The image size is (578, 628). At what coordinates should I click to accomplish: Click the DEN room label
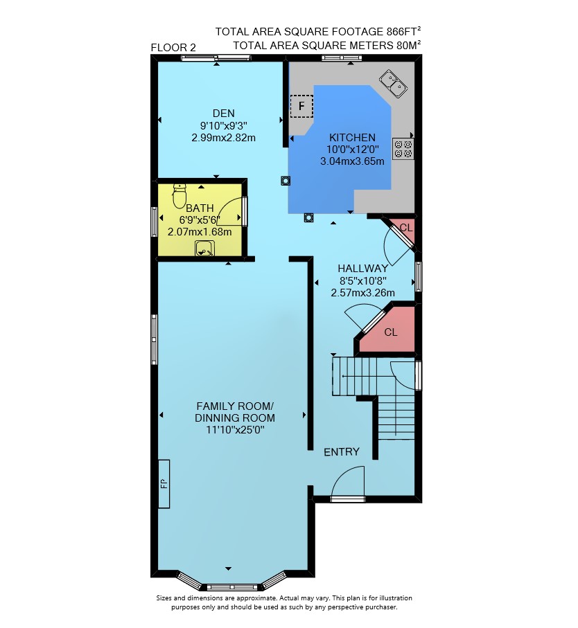click(x=224, y=114)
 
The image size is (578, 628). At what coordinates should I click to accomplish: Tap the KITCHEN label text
click(x=352, y=137)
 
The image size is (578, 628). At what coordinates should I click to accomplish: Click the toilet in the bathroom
click(x=179, y=196)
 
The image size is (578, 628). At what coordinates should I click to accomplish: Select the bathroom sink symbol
click(x=204, y=249)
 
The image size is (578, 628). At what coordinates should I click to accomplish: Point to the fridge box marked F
click(x=301, y=106)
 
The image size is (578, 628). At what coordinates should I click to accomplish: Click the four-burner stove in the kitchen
click(x=403, y=149)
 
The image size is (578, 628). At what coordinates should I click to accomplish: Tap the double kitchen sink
click(x=394, y=84)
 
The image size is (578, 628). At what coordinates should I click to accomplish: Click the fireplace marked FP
click(x=164, y=484)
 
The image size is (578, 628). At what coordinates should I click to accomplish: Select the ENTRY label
click(x=342, y=451)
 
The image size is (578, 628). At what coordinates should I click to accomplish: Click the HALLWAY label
click(x=362, y=269)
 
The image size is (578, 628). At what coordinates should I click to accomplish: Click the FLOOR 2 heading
click(x=173, y=48)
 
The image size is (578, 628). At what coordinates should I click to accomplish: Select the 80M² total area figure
click(x=408, y=45)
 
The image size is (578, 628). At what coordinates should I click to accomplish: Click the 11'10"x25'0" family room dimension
click(x=235, y=430)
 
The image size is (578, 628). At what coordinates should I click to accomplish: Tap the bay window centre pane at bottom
click(x=231, y=588)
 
